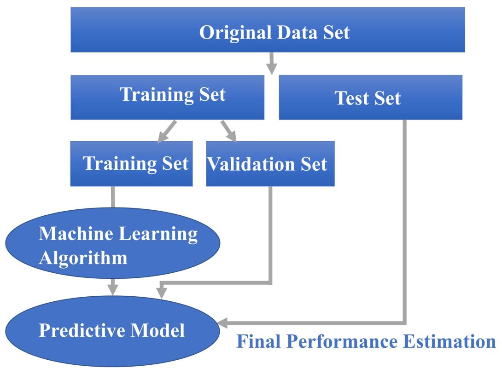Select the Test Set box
370,98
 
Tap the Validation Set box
270,164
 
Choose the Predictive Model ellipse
112,331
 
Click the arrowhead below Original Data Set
272,68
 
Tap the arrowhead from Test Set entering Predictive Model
222,323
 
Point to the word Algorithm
83,258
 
